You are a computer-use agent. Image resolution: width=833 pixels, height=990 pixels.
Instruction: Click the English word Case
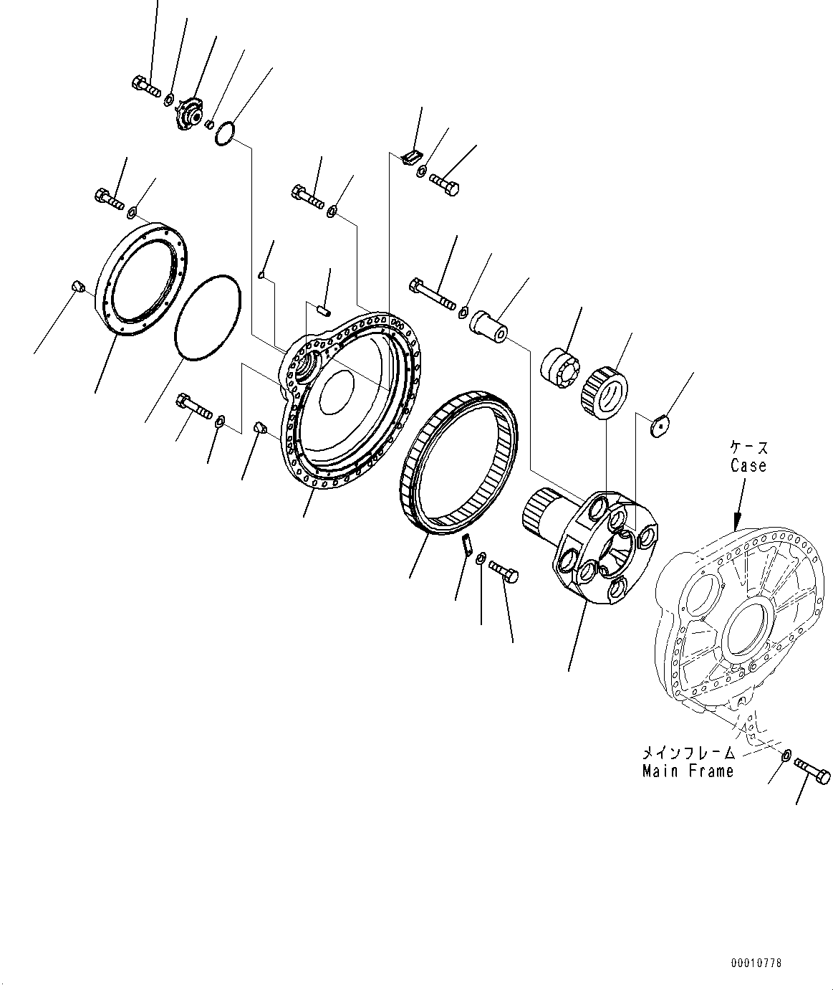tap(748, 466)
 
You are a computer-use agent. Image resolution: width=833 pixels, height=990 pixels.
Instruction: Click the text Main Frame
tap(688, 771)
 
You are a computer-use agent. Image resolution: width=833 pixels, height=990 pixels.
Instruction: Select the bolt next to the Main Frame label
tap(812, 771)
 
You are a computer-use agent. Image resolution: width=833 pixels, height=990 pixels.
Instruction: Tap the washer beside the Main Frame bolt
tap(786, 753)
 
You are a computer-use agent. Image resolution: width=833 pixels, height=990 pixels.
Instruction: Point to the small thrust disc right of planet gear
tap(659, 426)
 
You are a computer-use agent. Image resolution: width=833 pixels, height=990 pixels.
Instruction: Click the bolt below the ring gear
tap(505, 571)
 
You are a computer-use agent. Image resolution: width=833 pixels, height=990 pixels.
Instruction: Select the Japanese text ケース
tap(748, 448)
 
